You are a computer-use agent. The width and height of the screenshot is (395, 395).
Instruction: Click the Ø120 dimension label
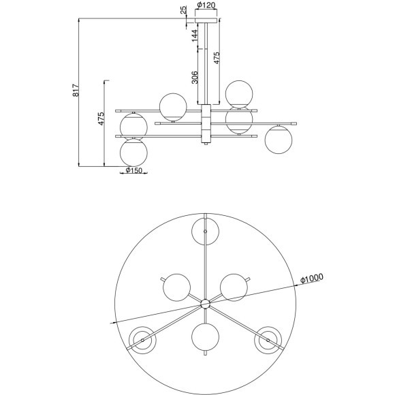[206, 5]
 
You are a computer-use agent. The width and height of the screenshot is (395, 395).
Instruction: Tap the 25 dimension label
[184, 10]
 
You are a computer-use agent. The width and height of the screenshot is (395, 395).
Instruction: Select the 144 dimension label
[195, 35]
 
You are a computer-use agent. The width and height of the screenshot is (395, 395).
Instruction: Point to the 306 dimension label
[195, 78]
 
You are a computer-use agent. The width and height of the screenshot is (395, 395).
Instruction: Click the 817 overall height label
[76, 90]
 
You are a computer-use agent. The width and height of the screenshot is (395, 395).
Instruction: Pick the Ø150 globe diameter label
[133, 170]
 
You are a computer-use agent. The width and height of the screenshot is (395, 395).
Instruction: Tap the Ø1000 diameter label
[312, 279]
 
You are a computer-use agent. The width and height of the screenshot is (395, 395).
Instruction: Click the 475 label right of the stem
[217, 58]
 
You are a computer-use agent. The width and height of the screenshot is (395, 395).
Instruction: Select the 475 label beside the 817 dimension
[101, 118]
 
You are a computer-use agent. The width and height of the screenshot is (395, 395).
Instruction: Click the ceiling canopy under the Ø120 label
[206, 20]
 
